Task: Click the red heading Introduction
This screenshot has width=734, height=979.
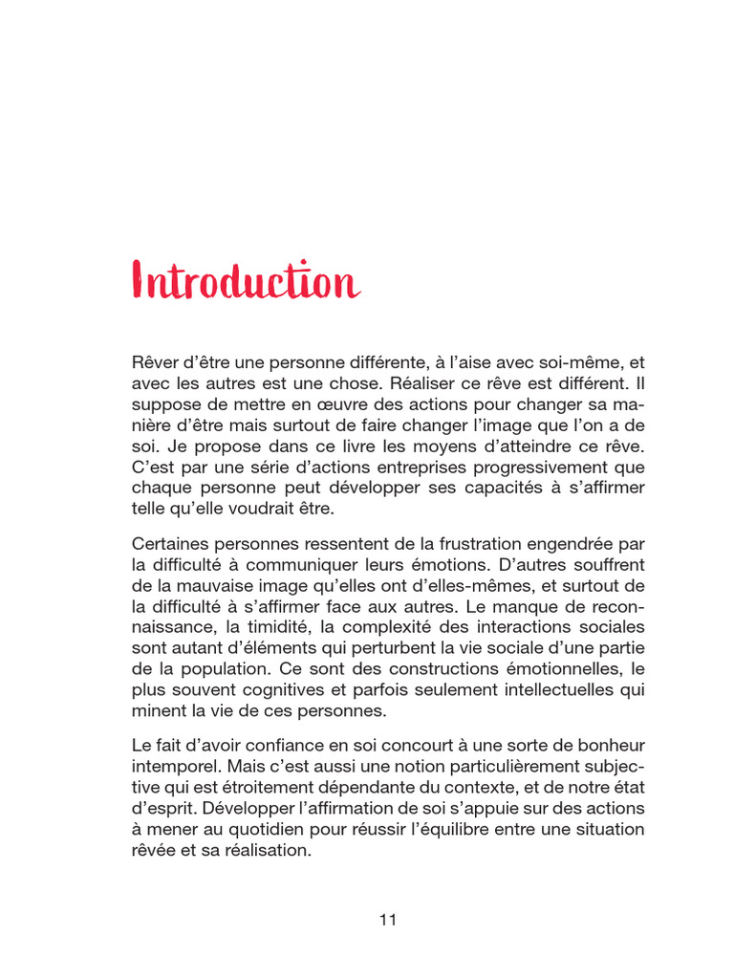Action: coord(246,282)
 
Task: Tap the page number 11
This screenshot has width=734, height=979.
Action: coord(387,920)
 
